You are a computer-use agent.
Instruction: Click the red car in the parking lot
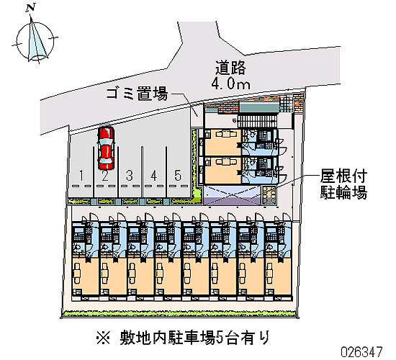pyautogui.click(x=106, y=148)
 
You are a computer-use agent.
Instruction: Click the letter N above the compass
pyautogui.click(x=31, y=8)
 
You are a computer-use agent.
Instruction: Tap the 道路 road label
pyautogui.click(x=230, y=68)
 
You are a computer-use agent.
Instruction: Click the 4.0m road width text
pyautogui.click(x=230, y=83)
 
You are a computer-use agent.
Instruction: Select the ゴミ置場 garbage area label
pyautogui.click(x=137, y=94)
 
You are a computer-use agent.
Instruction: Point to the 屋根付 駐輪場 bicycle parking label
pyautogui.click(x=343, y=184)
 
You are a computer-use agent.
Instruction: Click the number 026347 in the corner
pyautogui.click(x=361, y=351)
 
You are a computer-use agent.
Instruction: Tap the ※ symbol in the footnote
pyautogui.click(x=103, y=338)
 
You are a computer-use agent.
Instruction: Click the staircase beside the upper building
pyautogui.click(x=257, y=121)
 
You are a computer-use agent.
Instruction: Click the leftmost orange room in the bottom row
pyautogui.click(x=85, y=276)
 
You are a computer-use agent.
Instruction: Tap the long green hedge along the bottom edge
pyautogui.click(x=179, y=314)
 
